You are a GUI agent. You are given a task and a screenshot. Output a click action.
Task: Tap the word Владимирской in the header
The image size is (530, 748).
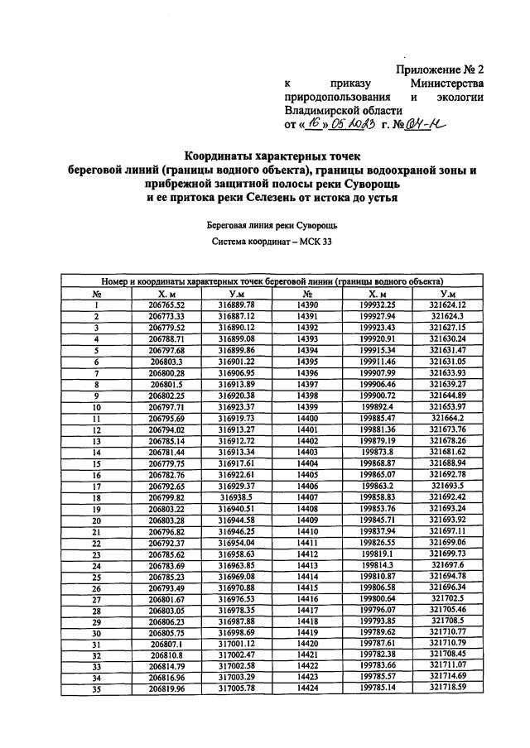point(343,110)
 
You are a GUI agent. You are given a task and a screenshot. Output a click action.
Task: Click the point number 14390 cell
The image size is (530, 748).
point(307,304)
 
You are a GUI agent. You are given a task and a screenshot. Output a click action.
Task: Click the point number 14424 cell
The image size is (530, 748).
point(307,686)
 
